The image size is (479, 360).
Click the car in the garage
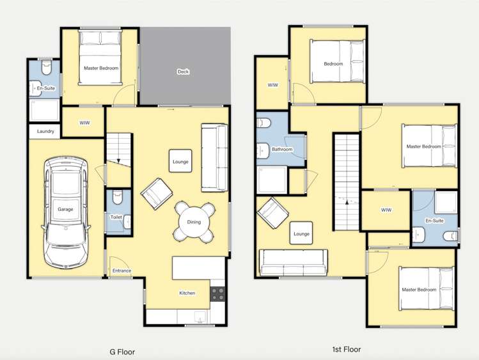66,212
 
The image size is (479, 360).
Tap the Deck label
183,72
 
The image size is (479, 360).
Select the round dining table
194,222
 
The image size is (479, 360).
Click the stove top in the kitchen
218,293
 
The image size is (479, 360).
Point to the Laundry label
45,131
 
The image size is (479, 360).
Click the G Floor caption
122,352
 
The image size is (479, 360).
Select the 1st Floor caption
347,349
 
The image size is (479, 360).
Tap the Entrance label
122,270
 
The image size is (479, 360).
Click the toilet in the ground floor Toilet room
117,197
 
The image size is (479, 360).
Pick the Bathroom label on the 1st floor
282,150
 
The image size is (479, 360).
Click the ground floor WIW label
84,123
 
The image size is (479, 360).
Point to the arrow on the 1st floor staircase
347,202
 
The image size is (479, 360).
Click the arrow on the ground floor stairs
118,161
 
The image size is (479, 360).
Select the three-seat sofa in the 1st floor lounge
294,263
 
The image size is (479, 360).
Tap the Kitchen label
187,293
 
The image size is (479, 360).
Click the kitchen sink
200,317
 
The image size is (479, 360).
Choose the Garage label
65,209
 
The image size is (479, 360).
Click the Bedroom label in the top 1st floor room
333,64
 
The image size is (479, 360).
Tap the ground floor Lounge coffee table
180,161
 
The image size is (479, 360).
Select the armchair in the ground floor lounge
157,194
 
